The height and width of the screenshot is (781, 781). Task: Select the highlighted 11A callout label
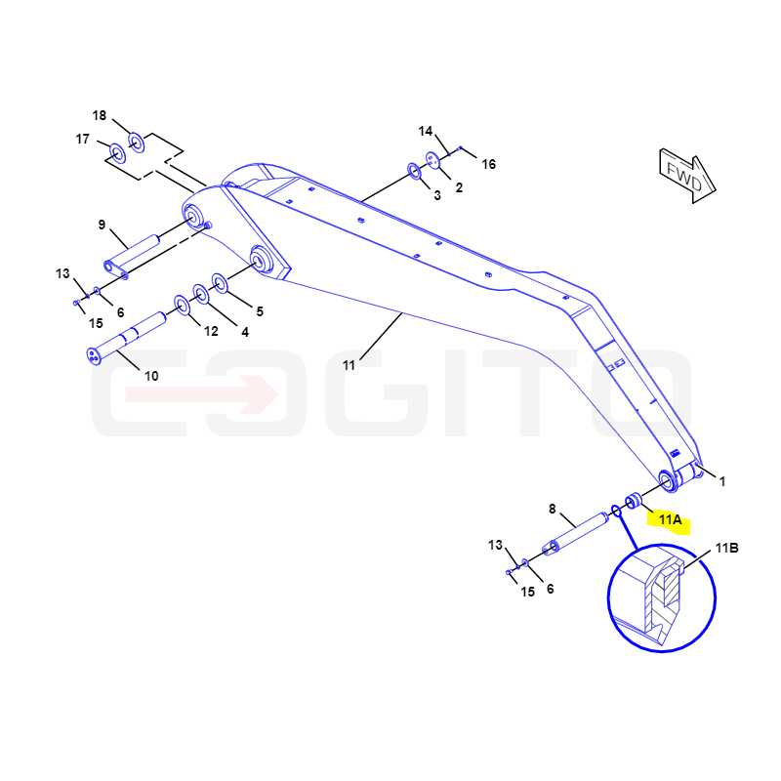point(670,520)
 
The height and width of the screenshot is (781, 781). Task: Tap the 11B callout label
point(726,548)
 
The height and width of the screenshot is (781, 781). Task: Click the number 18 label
point(100,115)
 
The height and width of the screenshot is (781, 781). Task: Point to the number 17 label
point(82,139)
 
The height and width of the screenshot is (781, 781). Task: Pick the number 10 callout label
point(151,376)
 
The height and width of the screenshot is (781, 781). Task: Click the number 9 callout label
point(102,225)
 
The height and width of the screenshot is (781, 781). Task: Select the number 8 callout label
point(552,509)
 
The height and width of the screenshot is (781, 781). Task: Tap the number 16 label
point(489,164)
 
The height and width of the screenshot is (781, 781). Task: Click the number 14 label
point(426,131)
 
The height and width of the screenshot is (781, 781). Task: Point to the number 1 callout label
point(722,481)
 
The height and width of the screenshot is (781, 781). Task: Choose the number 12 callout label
point(211,331)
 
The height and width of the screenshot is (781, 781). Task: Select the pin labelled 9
point(132,256)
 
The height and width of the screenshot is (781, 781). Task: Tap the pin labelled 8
point(575,535)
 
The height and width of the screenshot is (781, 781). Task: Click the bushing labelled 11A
point(634,500)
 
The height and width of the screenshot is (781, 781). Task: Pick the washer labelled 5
point(219,283)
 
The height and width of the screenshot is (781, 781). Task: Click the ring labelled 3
point(414,172)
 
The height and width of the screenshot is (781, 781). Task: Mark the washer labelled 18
point(136,143)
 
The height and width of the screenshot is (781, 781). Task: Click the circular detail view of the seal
point(662,597)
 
